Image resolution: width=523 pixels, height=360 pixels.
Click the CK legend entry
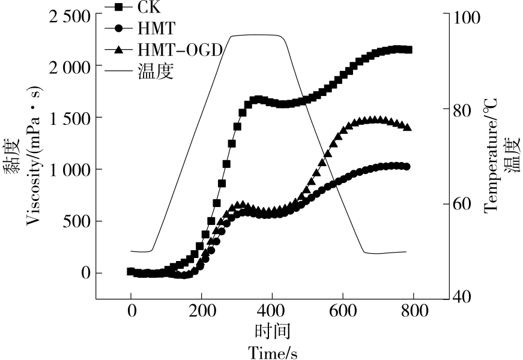pos(147,7)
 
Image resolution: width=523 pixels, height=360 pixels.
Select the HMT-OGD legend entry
pos(180,50)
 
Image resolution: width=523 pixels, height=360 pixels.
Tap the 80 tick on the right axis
pos(468,110)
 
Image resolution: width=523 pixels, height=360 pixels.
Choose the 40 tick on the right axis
pos(468,297)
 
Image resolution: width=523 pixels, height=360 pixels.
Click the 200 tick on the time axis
pos(201,311)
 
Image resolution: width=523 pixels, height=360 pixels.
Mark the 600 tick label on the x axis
pos(343,311)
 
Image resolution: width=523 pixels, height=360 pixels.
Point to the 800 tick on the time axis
pos(414,311)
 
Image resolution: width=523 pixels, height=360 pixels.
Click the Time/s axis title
pos(273,352)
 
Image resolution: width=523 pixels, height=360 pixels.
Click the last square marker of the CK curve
pos(408,50)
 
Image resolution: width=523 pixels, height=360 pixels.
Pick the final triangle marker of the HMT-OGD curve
pos(407,127)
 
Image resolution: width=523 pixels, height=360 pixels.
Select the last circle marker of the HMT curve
pos(407,166)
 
